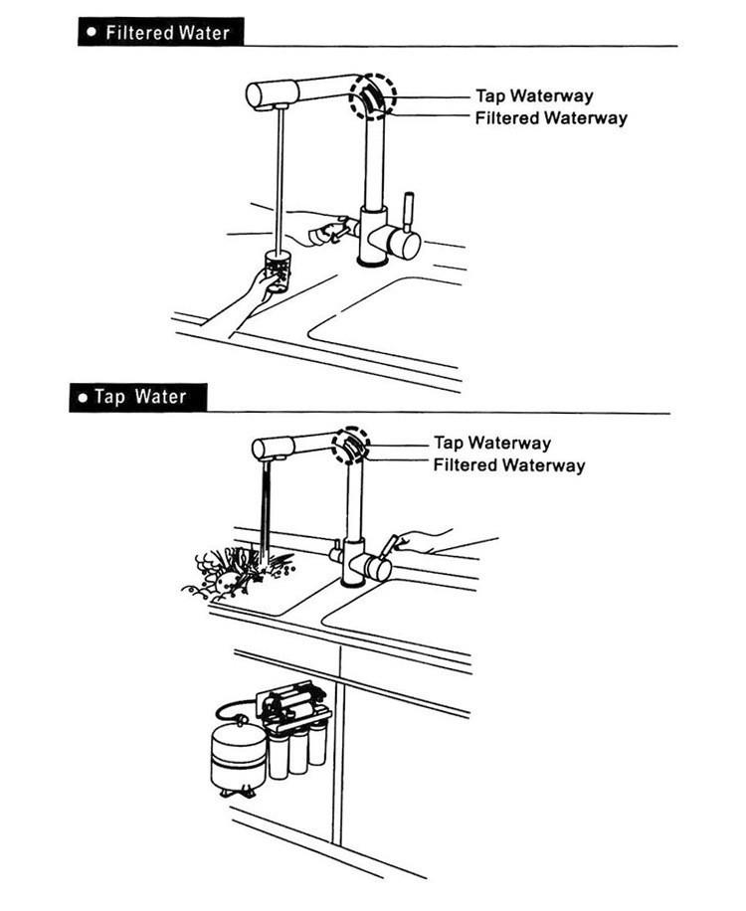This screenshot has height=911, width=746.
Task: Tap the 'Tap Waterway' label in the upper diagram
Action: click(x=533, y=96)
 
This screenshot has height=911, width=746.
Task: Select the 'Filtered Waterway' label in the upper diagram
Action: click(x=550, y=118)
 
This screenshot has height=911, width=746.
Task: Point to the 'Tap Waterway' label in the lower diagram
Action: click(x=491, y=443)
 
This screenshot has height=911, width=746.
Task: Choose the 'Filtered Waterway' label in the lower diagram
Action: click(x=508, y=464)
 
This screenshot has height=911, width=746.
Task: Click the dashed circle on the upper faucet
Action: click(x=372, y=96)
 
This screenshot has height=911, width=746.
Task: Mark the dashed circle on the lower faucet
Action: click(x=350, y=444)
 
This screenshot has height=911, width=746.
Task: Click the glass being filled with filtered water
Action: click(x=278, y=270)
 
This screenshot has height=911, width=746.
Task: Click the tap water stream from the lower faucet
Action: click(x=267, y=507)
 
